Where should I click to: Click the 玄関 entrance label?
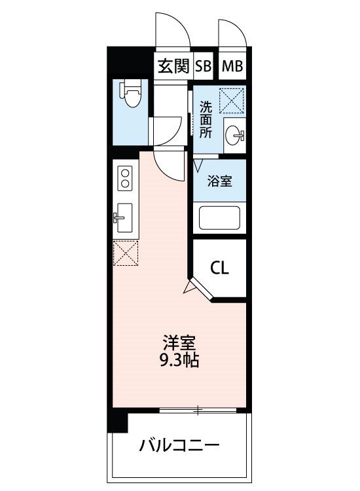tap(173, 66)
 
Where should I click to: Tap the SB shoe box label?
tap(204, 66)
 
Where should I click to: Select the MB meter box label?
tap(232, 66)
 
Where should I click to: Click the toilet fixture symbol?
tap(130, 94)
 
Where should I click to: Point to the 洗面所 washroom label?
tap(206, 120)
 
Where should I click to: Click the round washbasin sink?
tap(234, 136)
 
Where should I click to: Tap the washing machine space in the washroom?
tap(231, 101)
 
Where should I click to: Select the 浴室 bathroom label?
tap(220, 181)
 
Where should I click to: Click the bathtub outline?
tap(220, 218)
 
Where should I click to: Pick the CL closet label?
tap(219, 268)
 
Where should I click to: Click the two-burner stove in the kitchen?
tap(125, 178)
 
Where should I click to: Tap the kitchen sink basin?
tap(123, 217)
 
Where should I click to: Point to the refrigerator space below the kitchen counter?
tap(126, 253)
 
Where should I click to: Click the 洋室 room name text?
tap(179, 343)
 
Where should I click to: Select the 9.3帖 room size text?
tap(179, 361)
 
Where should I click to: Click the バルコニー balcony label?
tap(179, 445)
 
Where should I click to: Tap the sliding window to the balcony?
tap(198, 410)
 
